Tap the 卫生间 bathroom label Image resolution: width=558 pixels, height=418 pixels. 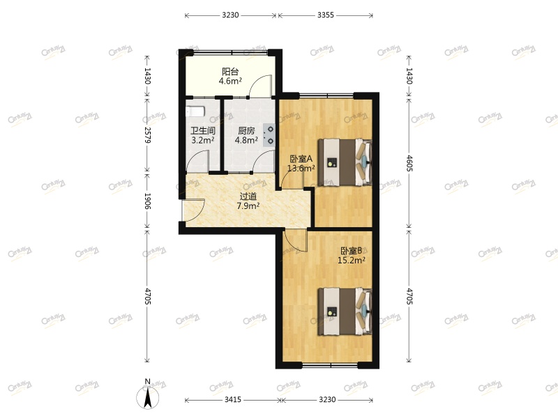tap(202, 130)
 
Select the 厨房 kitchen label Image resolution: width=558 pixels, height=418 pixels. tap(246, 130)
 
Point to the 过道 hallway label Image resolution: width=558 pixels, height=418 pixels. tap(248, 196)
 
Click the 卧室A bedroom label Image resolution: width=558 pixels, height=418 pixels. tap(302, 158)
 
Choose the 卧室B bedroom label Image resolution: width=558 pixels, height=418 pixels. tap(351, 251)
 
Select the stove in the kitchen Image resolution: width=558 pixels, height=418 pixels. tap(268, 134)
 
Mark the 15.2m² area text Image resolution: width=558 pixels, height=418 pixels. tap(352, 261)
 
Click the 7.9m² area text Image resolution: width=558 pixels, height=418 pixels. tap(248, 206)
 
